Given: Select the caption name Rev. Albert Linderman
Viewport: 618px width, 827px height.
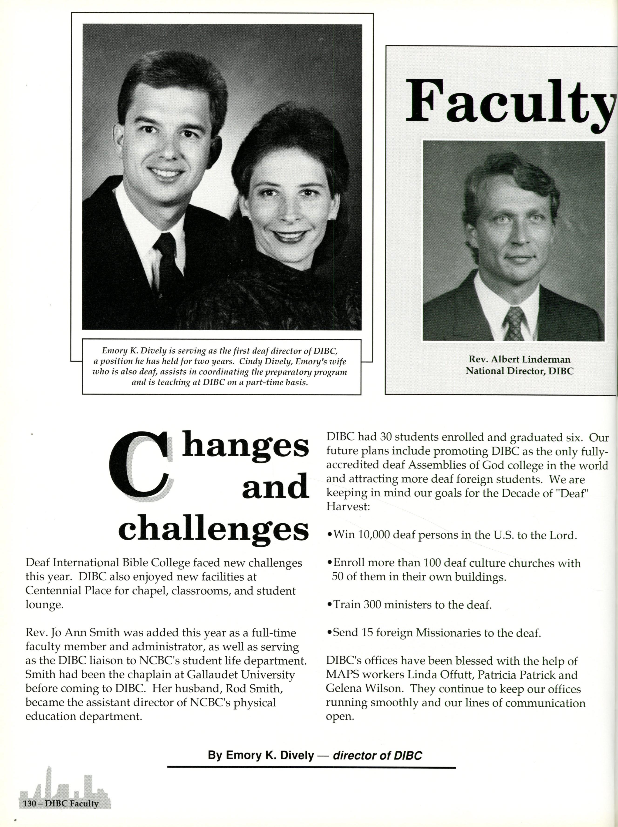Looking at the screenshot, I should pyautogui.click(x=519, y=360).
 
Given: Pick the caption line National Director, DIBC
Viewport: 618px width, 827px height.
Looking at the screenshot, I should pyautogui.click(x=519, y=371).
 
